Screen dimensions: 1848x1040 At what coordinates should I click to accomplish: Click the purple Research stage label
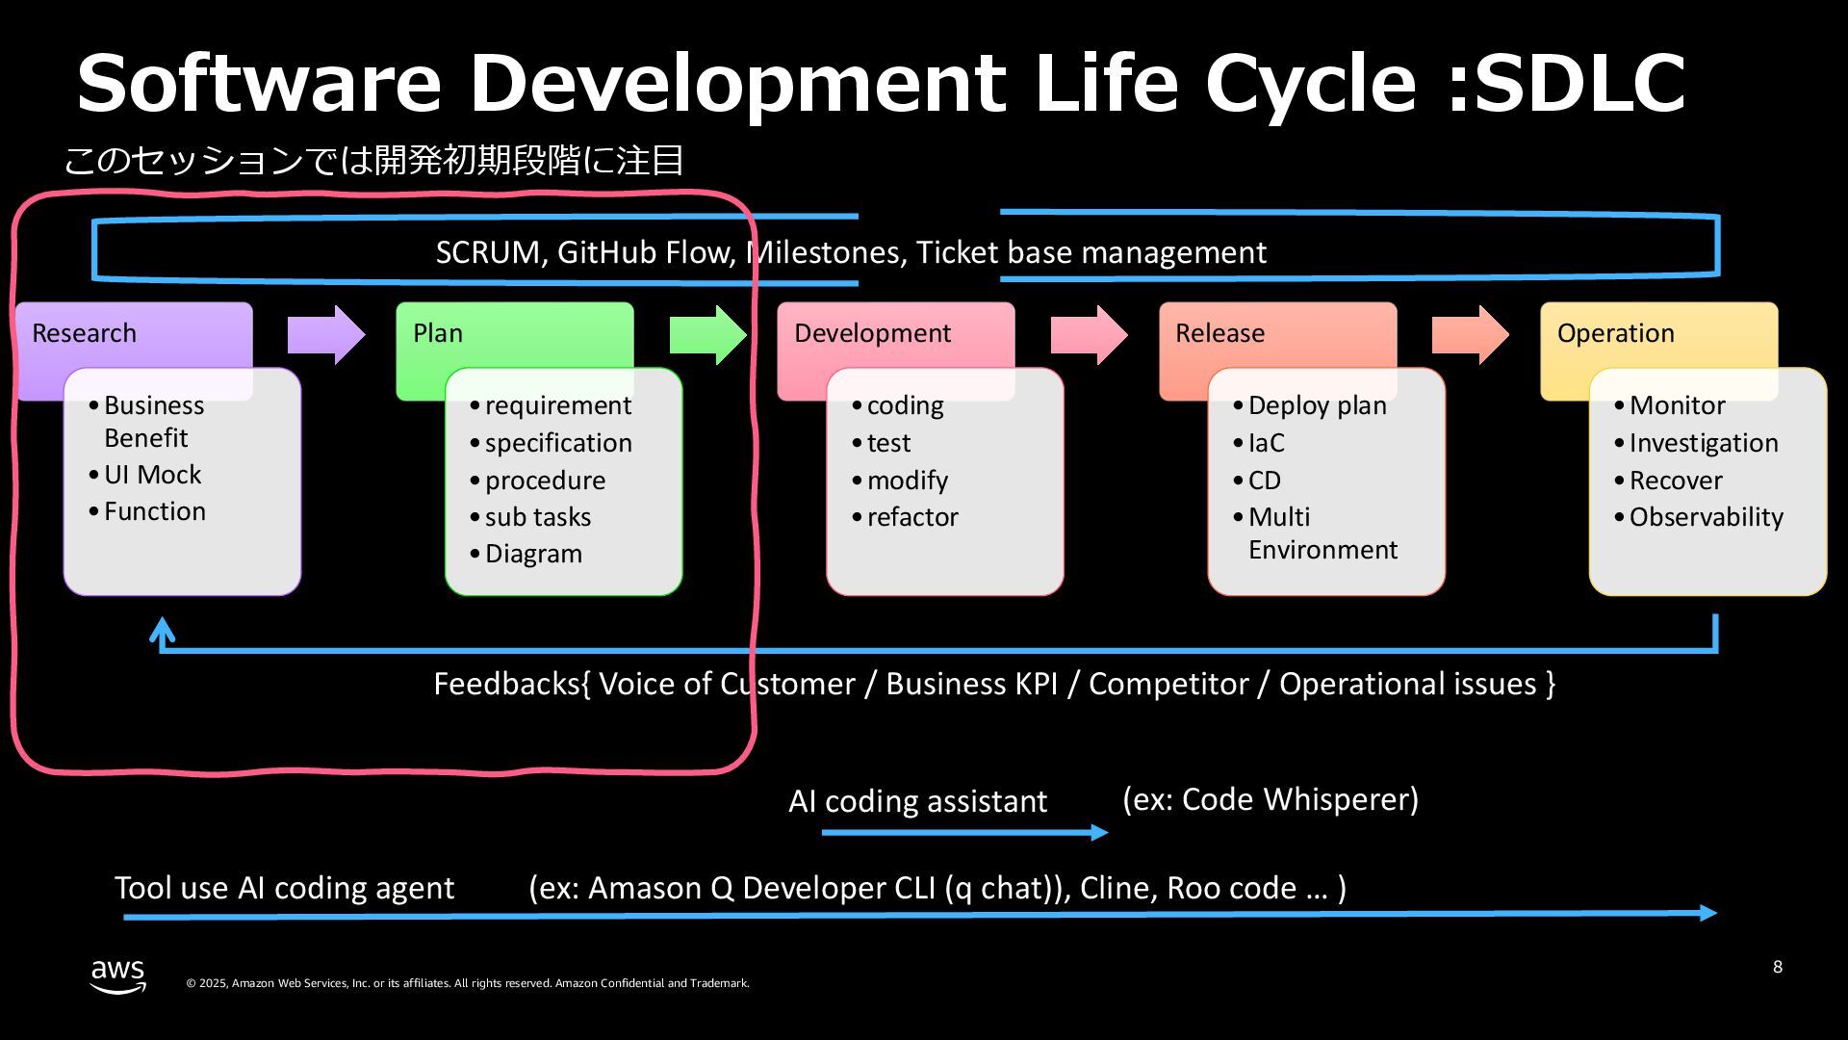(85, 333)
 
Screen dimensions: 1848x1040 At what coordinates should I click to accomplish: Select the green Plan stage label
(438, 333)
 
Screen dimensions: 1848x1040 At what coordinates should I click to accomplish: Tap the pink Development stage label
(872, 333)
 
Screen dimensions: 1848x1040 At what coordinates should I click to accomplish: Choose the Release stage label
(1219, 333)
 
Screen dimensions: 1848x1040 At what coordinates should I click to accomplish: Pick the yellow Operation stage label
(1615, 333)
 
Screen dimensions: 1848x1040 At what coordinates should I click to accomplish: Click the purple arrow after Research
(326, 335)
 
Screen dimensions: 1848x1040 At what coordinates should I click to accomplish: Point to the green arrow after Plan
(707, 335)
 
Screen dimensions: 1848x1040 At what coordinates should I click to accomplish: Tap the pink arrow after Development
(1089, 335)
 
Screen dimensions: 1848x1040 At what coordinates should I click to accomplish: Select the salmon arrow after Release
(1470, 335)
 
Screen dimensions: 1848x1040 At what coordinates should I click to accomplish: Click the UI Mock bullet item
(152, 475)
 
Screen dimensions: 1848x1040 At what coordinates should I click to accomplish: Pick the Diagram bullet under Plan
(533, 554)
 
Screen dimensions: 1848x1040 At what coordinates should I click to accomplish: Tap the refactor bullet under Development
(912, 517)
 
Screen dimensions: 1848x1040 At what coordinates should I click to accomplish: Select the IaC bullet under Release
(1266, 443)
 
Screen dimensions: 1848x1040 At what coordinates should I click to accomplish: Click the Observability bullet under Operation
(1706, 517)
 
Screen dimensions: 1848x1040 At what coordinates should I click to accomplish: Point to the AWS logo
(118, 975)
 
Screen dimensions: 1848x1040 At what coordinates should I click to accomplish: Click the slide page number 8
(1777, 967)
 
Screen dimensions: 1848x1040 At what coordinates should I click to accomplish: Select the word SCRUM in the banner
(488, 252)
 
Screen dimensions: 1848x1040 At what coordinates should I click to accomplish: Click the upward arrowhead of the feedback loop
(163, 630)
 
